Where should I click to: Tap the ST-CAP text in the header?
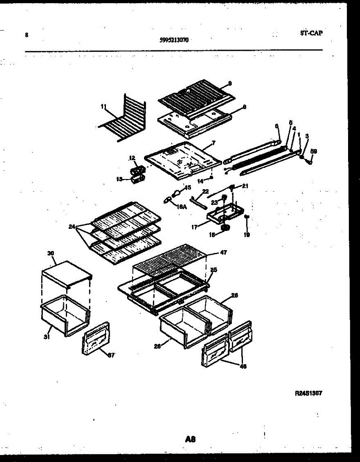tap(311, 33)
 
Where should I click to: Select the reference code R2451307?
tap(308, 393)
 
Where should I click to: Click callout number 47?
tap(223, 253)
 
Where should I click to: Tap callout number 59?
tap(313, 151)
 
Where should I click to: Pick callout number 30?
tap(51, 253)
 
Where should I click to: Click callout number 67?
tap(111, 355)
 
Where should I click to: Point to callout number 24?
tap(72, 227)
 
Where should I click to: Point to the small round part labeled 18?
tap(226, 227)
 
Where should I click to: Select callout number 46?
tap(243, 367)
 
